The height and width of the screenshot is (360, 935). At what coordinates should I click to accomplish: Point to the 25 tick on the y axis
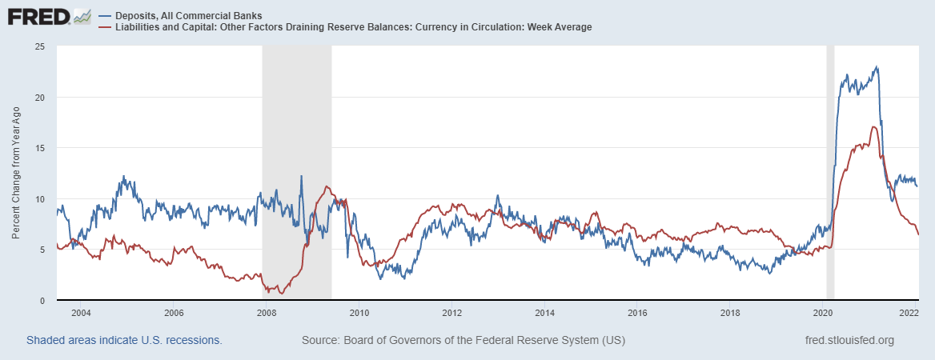38,46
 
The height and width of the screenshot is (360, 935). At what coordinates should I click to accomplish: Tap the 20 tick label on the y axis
38,98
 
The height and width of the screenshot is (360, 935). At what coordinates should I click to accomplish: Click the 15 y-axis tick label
38,148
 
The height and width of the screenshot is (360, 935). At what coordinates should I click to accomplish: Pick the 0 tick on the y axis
41,301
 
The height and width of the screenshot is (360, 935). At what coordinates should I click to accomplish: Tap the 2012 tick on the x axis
451,313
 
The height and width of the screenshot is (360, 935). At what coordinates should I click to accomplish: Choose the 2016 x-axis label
636,313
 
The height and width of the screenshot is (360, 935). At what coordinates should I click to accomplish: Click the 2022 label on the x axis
908,313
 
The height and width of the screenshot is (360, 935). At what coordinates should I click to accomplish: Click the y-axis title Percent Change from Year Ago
17,174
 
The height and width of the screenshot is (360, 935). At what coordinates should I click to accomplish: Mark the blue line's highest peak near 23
877,67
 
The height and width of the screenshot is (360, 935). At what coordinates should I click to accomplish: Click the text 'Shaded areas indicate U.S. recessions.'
124,340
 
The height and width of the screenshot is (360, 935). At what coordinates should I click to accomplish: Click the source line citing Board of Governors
463,340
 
